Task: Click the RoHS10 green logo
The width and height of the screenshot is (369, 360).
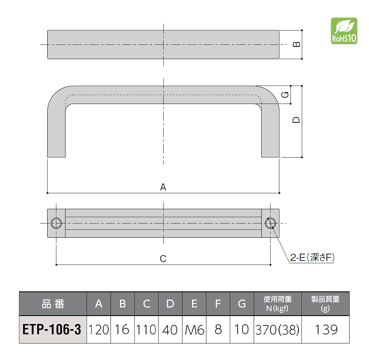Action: coord(344,31)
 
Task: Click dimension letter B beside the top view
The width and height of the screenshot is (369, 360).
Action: coord(296,44)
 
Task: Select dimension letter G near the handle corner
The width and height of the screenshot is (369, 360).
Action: coord(286,94)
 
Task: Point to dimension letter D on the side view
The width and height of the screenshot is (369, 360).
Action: coord(296,120)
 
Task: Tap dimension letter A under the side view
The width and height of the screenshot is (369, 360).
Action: coord(163,187)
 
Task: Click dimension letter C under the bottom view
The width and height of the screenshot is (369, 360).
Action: coord(163,259)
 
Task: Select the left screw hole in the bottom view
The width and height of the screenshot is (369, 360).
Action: coord(56,223)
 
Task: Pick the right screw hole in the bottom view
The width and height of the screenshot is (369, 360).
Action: coord(271,223)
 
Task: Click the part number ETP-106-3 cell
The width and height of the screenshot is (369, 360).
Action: coord(52,330)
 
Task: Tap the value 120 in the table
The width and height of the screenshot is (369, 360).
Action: coord(98,330)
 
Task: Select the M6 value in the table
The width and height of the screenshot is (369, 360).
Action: coord(194,330)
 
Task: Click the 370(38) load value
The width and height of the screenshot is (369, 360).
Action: coord(277,330)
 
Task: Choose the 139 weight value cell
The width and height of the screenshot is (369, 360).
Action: coord(325,330)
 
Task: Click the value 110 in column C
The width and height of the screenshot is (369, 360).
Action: coord(146,330)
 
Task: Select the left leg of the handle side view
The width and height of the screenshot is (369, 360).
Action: coord(56,136)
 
